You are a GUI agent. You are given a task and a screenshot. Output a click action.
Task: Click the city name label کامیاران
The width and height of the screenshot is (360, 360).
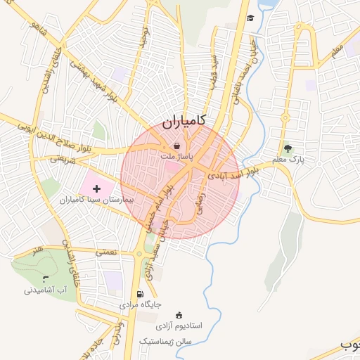(184, 120)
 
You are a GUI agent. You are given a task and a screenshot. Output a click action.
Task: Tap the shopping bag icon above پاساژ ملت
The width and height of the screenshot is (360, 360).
(176, 146)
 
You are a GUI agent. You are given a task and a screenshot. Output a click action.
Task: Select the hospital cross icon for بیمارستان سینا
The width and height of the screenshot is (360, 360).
(96, 188)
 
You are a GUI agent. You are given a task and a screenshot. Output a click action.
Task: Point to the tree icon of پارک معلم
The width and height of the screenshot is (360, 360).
(287, 148)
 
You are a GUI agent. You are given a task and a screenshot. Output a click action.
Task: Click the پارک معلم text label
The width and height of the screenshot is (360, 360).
(288, 161)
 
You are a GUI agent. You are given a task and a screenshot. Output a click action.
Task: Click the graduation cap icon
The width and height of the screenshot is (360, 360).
(250, 18)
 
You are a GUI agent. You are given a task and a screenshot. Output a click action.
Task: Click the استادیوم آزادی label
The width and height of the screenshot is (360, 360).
(179, 326)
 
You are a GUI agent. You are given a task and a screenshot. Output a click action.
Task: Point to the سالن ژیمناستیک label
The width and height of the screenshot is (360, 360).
(165, 340)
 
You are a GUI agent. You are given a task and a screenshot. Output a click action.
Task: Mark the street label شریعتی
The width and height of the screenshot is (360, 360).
(63, 160)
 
